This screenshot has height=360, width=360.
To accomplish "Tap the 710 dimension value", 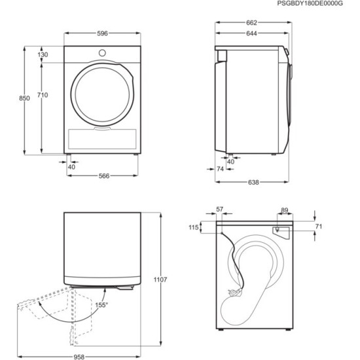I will tap(42, 96).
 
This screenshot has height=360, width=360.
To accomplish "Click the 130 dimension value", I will tap(43, 55).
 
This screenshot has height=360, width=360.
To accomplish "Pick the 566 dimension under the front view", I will tap(103, 175).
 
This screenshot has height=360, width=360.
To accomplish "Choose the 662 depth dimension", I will tap(252, 23).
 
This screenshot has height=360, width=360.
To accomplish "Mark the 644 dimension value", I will tap(252, 35).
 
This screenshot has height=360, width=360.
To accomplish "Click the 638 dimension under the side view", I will tap(253, 182).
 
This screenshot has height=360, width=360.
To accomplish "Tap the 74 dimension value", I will tap(221, 170).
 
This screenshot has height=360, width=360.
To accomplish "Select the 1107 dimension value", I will tap(162, 280).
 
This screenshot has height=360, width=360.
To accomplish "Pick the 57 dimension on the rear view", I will tap(219, 209).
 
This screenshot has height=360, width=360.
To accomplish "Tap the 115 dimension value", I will tap(193, 227).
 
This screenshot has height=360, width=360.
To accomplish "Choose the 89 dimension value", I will tap(284, 210).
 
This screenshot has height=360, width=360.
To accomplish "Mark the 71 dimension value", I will tap(319, 226).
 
